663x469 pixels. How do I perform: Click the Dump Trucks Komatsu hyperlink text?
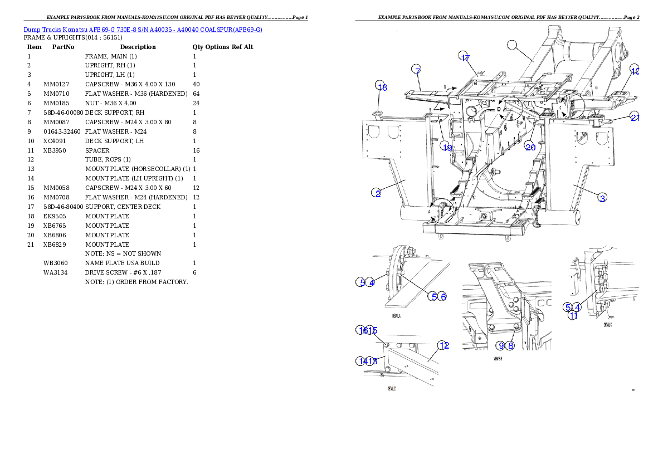pos(143,30)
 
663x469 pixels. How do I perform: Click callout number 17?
pos(465,57)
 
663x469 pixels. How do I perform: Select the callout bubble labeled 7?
pos(417,70)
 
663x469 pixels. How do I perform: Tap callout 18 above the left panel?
pos(381,86)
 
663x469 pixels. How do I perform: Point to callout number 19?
pos(446,146)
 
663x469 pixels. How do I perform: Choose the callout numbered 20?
pos(530,146)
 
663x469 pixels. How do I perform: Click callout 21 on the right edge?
pos(635,116)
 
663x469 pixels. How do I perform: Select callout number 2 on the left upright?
pos(377,193)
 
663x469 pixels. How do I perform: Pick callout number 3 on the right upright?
pos(602,197)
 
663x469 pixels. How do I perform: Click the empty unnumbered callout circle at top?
pos(513,45)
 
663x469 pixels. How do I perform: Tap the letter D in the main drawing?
pos(498,110)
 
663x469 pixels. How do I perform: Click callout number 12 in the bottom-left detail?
pos(443,345)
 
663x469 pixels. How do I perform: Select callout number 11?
pos(572,316)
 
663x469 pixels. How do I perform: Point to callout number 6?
pos(442,296)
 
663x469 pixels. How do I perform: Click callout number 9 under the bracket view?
pos(501,345)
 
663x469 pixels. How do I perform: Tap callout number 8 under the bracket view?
pos(510,345)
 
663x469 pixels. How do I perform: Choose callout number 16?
pos(362,330)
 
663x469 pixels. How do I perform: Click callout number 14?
pos(362,361)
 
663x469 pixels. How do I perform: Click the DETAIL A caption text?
pos(396,315)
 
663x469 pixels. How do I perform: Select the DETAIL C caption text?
pos(608,324)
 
